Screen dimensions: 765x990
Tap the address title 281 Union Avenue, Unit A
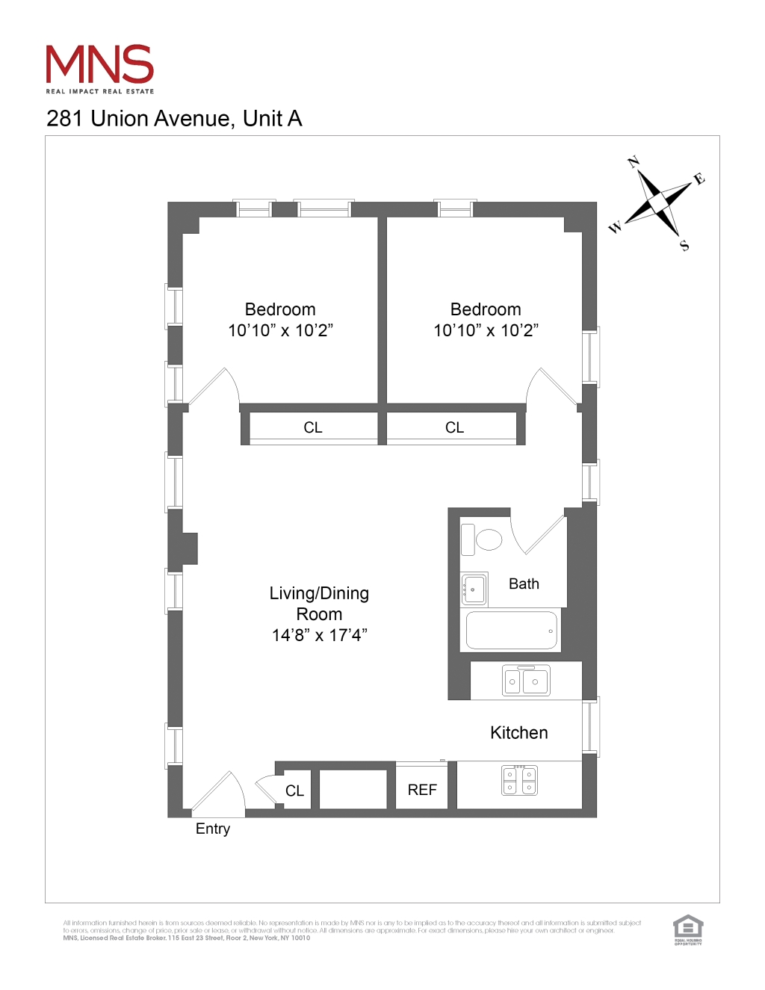[x=174, y=119]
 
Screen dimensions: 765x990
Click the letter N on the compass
[x=634, y=162]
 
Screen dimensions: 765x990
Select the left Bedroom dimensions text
[x=280, y=330]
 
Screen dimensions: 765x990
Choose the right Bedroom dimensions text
[x=486, y=330]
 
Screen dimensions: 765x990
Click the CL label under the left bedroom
[x=313, y=427]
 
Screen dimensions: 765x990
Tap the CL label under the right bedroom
[x=454, y=427]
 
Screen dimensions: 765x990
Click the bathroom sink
[x=474, y=590]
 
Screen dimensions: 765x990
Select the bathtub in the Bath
[x=512, y=630]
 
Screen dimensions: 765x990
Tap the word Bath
[x=524, y=584]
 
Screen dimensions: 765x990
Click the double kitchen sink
[x=526, y=681]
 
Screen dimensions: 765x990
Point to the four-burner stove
[x=519, y=780]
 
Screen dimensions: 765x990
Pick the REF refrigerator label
[x=422, y=790]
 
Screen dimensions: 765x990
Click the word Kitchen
[x=519, y=733]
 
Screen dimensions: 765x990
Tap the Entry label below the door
[x=213, y=829]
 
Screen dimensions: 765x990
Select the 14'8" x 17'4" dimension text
[x=319, y=635]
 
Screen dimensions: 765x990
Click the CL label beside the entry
[x=294, y=791]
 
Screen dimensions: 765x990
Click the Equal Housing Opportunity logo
[x=688, y=929]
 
